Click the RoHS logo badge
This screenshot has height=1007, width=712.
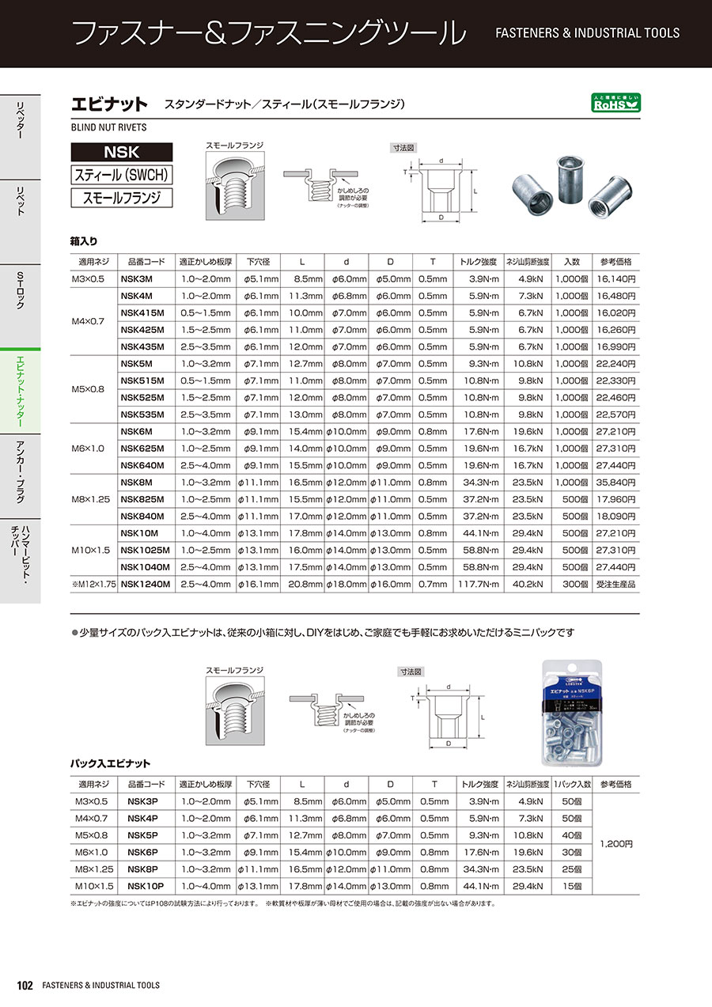(x=616, y=103)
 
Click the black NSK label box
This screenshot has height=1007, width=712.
(x=121, y=152)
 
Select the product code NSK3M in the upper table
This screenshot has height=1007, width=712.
(x=136, y=278)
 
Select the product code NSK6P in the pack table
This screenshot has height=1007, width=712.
(x=143, y=852)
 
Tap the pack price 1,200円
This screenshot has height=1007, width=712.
(x=616, y=844)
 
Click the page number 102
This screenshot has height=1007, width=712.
(x=25, y=985)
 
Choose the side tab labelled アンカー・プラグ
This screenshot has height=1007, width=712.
(x=21, y=474)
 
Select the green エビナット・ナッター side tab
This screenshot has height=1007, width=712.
(x=21, y=392)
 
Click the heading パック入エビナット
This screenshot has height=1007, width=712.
(x=110, y=763)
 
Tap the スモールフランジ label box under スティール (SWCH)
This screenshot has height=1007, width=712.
(x=121, y=198)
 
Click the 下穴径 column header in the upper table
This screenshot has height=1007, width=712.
(x=258, y=262)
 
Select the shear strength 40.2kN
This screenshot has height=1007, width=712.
(x=527, y=584)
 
